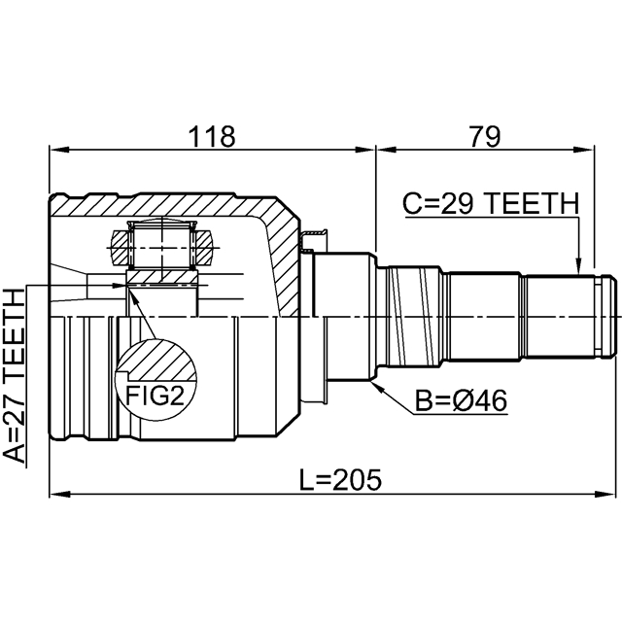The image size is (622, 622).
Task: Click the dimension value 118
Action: pyautogui.click(x=213, y=137)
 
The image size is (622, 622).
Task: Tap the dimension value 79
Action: pyautogui.click(x=483, y=137)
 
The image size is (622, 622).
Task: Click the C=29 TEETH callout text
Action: pyautogui.click(x=490, y=203)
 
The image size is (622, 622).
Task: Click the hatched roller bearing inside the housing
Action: pyautogui.click(x=161, y=246)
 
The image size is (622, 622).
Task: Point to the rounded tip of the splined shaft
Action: pyautogui.click(x=609, y=316)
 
